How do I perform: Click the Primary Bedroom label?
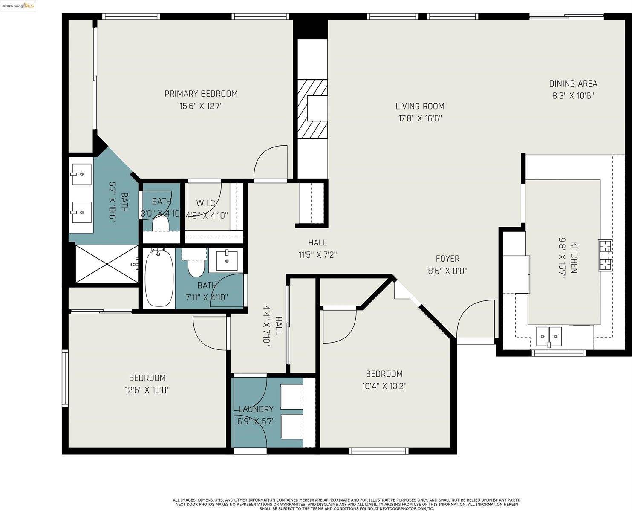pyautogui.click(x=201, y=94)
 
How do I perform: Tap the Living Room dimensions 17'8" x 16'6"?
pyautogui.click(x=420, y=118)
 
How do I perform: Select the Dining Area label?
pyautogui.click(x=573, y=84)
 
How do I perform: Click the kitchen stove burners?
pyautogui.click(x=605, y=255)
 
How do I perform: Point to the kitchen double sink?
pyautogui.click(x=548, y=336)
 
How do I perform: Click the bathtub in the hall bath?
pyautogui.click(x=159, y=278)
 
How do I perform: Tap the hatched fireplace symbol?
pyautogui.click(x=312, y=109)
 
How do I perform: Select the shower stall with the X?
pyautogui.click(x=107, y=264)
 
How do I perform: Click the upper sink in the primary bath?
pyautogui.click(x=81, y=174)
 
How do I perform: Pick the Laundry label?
pyautogui.click(x=256, y=409)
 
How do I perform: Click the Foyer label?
pyautogui.click(x=447, y=259)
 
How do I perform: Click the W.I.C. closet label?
pyautogui.click(x=207, y=203)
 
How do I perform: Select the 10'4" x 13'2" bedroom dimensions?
pyautogui.click(x=384, y=386)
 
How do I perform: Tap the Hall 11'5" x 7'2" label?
pyautogui.click(x=317, y=248)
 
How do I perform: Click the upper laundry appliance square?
pyautogui.click(x=291, y=396)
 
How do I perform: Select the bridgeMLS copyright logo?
pyautogui.click(x=18, y=5)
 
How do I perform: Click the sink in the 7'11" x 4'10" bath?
pyautogui.click(x=226, y=260)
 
